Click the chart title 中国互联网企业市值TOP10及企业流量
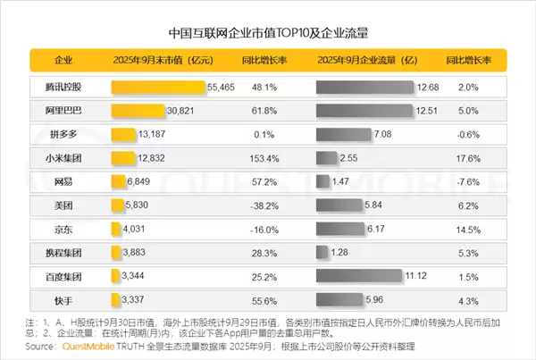click(268, 33)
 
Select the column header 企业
click(63, 61)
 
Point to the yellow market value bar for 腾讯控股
click(157, 87)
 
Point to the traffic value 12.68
click(428, 87)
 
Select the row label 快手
click(63, 298)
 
